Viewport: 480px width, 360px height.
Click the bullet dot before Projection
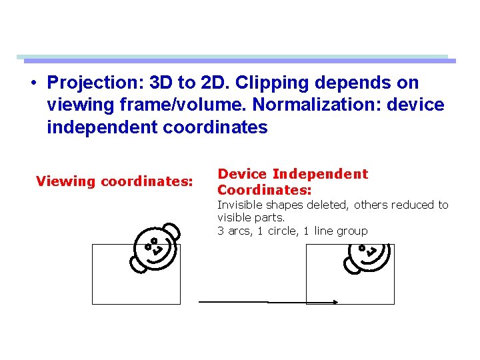[33, 83]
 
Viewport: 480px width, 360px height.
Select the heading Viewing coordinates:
[115, 181]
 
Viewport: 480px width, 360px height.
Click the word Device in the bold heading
[242, 174]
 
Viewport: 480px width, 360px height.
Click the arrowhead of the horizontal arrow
[335, 302]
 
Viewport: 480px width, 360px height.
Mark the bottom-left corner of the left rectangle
[92, 304]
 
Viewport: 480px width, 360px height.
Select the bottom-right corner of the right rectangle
[394, 304]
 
